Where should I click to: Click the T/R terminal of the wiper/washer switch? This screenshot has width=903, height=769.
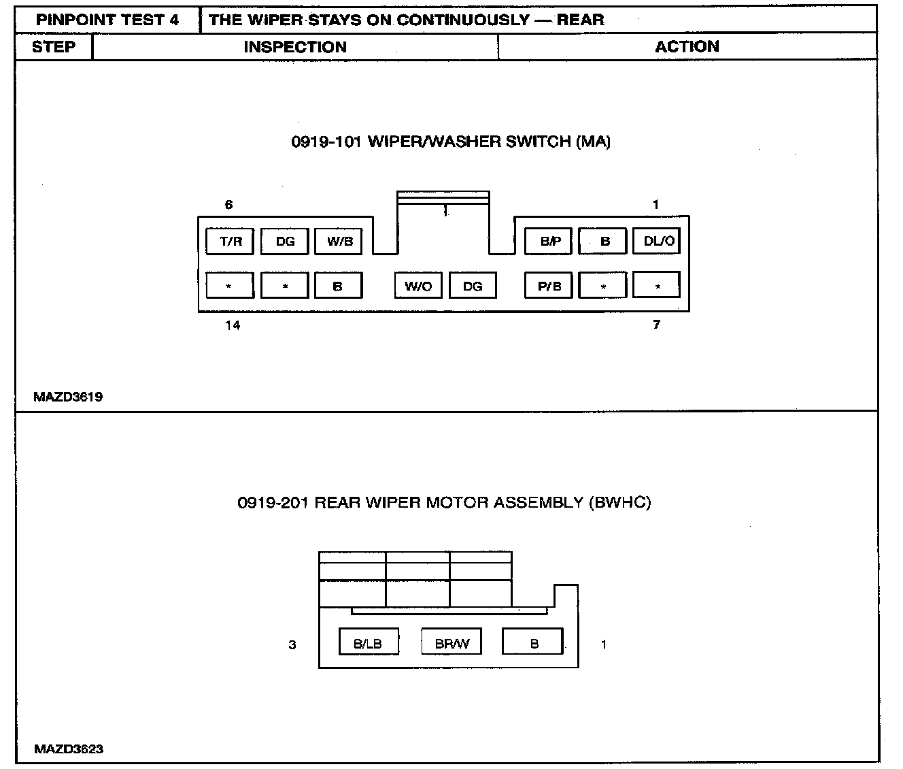point(230,242)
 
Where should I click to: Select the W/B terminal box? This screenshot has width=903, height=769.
point(339,242)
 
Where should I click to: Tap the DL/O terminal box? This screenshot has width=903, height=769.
point(657,242)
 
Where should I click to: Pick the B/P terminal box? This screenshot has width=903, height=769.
point(549,242)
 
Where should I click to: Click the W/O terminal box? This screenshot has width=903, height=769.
point(418,286)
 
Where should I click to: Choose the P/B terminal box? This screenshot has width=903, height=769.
point(549,286)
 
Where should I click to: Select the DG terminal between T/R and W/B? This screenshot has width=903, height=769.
point(285,242)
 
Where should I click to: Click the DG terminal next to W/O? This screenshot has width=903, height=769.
point(473,286)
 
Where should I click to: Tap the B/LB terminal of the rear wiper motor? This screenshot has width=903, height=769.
point(369,643)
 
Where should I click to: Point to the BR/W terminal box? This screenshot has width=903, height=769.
point(451,643)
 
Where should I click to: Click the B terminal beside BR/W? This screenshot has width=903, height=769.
point(533,643)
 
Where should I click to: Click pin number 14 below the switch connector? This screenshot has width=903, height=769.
point(233,325)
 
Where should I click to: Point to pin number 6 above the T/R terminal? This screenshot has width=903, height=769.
point(229,205)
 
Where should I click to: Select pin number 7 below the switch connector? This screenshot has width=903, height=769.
point(656,325)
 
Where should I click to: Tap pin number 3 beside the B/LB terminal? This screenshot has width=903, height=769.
point(292,644)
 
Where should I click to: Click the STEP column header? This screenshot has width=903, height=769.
point(54,47)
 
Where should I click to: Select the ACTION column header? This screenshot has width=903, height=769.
point(687,47)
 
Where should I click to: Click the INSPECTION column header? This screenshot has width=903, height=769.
point(295,47)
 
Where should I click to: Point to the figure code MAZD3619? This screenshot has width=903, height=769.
point(68,397)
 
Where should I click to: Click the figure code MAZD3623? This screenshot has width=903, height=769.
point(69,749)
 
